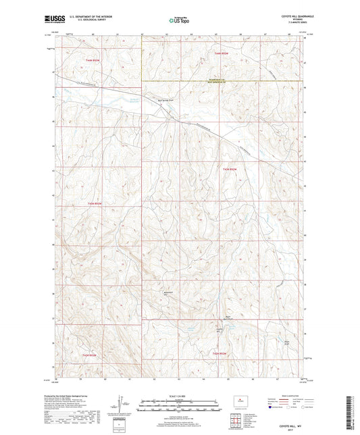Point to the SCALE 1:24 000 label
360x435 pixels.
[x=179, y=395]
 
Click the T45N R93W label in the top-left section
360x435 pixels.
[x=93, y=61]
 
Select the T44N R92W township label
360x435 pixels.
[x=229, y=168]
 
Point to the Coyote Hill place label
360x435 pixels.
[x=218, y=330]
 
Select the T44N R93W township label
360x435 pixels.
[x=94, y=203]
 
